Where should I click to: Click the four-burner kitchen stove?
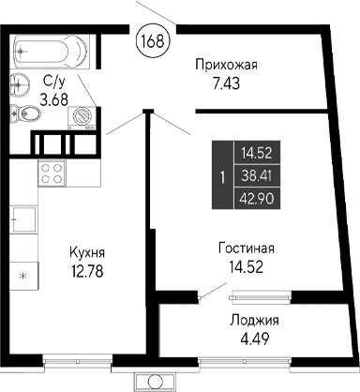[51, 174]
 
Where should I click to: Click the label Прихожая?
[225, 65]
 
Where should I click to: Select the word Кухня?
[86, 252]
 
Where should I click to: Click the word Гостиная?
[246, 249]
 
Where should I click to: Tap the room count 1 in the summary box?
[221, 175]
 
